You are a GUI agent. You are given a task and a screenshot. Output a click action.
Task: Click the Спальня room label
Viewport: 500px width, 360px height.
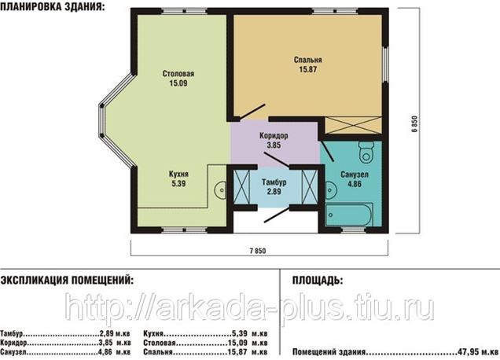[307, 60]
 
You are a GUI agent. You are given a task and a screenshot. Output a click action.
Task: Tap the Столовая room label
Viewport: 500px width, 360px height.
[178, 74]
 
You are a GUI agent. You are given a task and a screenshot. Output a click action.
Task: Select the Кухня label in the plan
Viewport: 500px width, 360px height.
[178, 174]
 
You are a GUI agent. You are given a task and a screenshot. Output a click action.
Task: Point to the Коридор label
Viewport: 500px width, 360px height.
[274, 136]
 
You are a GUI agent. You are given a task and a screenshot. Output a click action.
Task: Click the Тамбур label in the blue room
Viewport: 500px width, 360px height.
[274, 182]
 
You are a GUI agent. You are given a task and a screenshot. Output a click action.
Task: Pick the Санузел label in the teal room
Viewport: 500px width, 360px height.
[355, 174]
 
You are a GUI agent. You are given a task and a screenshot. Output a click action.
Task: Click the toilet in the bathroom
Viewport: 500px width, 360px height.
[366, 152]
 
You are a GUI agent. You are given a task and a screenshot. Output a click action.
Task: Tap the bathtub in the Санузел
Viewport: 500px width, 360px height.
[349, 215]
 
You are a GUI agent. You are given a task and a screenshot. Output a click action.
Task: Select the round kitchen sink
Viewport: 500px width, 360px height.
[220, 190]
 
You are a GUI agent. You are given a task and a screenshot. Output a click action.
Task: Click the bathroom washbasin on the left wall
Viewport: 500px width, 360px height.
[331, 190]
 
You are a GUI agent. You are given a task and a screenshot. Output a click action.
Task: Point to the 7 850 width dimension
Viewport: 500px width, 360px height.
[258, 251]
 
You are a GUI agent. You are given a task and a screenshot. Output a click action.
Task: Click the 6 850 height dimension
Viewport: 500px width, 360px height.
[414, 123]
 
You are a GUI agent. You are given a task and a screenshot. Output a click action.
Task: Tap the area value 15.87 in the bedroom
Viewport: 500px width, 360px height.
[307, 69]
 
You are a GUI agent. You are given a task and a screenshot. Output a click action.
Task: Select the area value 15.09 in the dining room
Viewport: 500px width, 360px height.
[178, 83]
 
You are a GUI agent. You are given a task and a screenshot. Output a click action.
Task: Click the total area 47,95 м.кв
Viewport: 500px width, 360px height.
[478, 352]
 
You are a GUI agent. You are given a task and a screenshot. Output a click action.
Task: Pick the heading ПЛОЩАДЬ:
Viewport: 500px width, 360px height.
[318, 281]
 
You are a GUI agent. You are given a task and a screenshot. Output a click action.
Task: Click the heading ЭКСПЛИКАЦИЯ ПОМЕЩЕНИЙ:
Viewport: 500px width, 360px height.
[67, 281]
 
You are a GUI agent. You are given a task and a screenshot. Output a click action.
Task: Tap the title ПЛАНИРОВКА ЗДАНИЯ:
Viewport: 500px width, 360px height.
[53, 7]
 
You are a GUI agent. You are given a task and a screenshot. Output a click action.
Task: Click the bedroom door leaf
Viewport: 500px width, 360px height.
[252, 112]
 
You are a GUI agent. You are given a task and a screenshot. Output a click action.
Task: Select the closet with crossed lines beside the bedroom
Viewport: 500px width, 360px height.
[353, 125]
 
